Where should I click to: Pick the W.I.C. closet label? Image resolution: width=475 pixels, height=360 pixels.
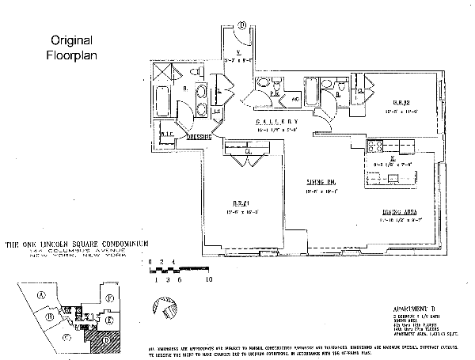click(166, 133)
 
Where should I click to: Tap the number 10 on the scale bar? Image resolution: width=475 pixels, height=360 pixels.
click(208, 279)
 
